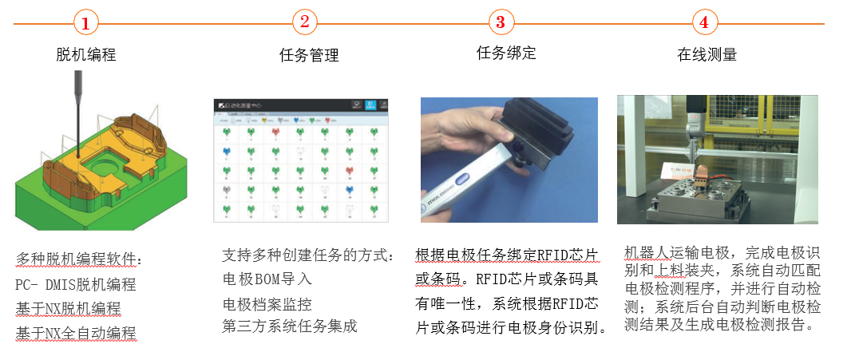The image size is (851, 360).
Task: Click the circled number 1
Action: pyautogui.click(x=85, y=23)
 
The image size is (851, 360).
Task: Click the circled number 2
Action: pyautogui.click(x=303, y=22)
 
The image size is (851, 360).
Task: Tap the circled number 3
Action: pyautogui.click(x=501, y=22)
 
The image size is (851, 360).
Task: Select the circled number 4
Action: pyautogui.click(x=703, y=22)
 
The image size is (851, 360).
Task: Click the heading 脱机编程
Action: pyautogui.click(x=86, y=54)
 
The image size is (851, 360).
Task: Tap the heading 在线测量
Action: pyautogui.click(x=707, y=54)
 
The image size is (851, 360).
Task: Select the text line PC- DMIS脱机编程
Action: pyautogui.click(x=76, y=284)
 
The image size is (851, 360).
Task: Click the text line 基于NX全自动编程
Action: pyautogui.click(x=76, y=332)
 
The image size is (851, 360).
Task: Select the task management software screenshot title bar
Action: pyautogui.click(x=299, y=105)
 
